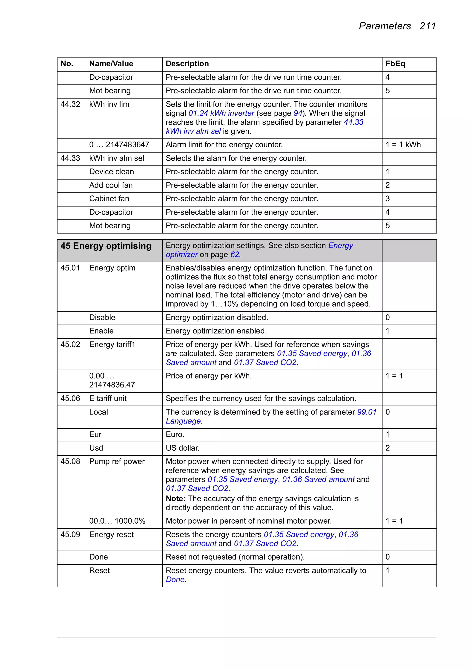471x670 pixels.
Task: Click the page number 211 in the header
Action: [x=428, y=26]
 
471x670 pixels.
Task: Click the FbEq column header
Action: [x=395, y=64]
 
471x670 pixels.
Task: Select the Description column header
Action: [x=187, y=64]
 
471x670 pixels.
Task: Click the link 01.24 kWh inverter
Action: [x=221, y=113]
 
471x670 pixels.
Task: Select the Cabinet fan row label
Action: [x=109, y=199]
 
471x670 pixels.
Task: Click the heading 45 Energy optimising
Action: [x=106, y=246]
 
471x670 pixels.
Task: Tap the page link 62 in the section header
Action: [x=235, y=255]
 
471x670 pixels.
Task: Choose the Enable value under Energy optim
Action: [x=101, y=331]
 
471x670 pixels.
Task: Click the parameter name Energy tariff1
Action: [x=112, y=345]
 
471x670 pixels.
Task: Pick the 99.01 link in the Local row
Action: [x=367, y=412]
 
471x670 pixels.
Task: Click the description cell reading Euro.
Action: [x=175, y=435]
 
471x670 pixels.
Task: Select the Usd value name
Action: [x=96, y=448]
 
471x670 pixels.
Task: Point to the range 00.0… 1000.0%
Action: [x=117, y=521]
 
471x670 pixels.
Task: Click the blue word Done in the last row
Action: [x=175, y=580]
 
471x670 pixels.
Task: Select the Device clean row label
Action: [x=111, y=172]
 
